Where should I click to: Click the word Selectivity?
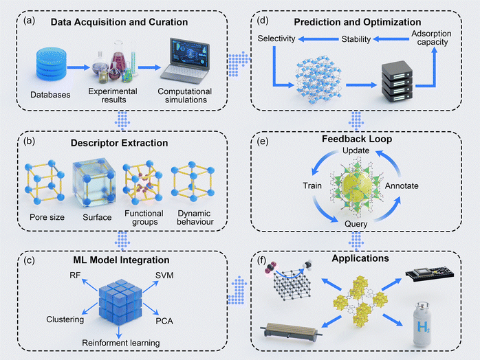tap(276, 41)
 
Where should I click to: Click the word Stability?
tap(356, 41)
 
